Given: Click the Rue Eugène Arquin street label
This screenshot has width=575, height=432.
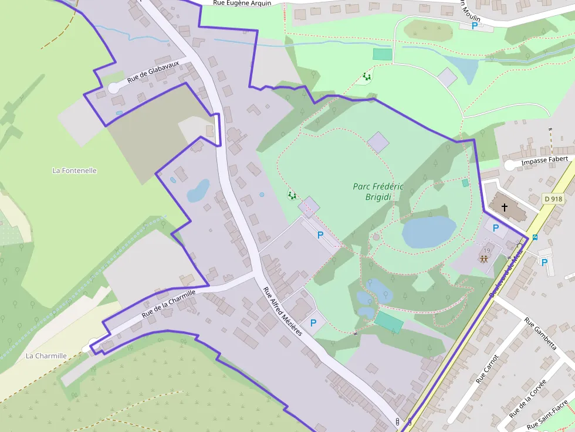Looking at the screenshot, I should click(x=242, y=3).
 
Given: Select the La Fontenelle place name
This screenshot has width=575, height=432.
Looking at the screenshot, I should click(x=75, y=171).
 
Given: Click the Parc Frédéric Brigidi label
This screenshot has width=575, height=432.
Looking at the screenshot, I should click(x=379, y=192).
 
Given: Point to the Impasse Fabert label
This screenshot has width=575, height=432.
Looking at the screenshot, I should click(x=544, y=159).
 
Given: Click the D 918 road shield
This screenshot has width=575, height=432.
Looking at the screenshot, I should click(x=553, y=199).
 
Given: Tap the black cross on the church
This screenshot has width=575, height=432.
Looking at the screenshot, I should click(x=505, y=207).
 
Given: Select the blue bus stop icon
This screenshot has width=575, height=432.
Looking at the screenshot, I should click(x=535, y=237).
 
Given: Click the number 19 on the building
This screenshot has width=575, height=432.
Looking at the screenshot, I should click(x=487, y=250).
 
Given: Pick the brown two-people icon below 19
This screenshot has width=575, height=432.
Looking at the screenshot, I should click(x=484, y=258).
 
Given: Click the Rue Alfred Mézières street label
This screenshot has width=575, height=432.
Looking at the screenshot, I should click(x=282, y=311).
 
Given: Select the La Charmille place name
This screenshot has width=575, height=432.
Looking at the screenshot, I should click(x=46, y=356).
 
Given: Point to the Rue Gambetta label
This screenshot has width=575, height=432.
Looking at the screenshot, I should click(x=540, y=334).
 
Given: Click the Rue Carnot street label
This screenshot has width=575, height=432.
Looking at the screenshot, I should click(x=488, y=369).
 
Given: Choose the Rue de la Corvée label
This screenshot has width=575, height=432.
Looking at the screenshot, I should click(x=527, y=399).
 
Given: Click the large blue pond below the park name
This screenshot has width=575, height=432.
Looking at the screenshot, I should click(x=429, y=232).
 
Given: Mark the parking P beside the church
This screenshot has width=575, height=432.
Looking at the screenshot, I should click(x=496, y=228).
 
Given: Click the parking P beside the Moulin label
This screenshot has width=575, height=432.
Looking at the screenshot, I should click(x=475, y=26).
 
